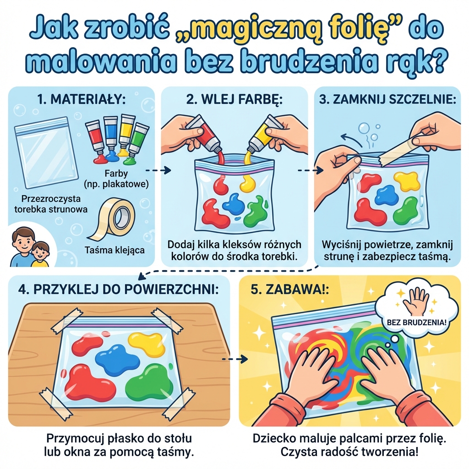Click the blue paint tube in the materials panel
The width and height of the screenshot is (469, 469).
click(x=110, y=133)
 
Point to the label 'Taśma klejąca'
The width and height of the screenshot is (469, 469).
click(x=115, y=250)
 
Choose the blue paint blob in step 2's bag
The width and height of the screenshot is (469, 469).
click(x=233, y=204)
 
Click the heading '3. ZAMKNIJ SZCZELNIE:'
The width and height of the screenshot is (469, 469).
click(x=388, y=99)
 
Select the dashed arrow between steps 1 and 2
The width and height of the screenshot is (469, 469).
click(x=161, y=170)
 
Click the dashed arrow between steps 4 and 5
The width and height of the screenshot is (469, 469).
click(x=232, y=359)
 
